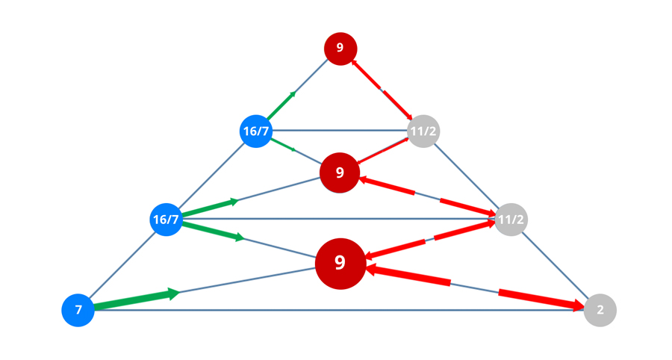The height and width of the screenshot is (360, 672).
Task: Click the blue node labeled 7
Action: (78, 309)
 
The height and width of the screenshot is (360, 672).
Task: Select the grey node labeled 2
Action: (600, 309)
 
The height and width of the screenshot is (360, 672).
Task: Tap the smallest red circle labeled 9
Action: (340, 49)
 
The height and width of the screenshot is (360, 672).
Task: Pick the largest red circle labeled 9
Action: (340, 263)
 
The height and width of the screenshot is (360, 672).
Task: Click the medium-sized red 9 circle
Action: (340, 173)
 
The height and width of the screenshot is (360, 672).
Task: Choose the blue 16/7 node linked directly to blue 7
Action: (166, 220)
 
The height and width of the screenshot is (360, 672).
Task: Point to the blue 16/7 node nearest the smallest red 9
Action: (255, 131)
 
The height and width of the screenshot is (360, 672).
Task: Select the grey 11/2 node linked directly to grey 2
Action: (511, 220)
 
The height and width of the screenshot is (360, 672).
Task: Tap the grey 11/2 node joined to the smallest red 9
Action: (423, 131)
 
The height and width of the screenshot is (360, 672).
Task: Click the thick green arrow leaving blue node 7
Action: (134, 300)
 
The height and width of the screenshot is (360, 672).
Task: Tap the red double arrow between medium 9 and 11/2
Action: (426, 196)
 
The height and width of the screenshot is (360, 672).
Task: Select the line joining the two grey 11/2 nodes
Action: (467, 176)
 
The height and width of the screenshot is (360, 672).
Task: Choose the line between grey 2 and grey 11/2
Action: (556, 264)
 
